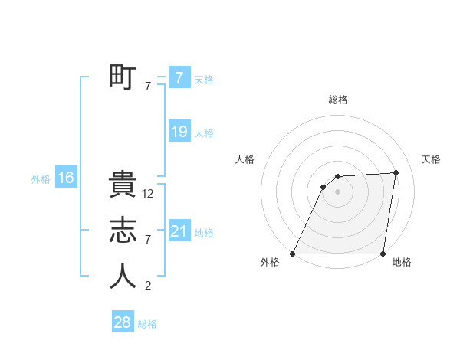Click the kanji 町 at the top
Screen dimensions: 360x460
click(x=123, y=77)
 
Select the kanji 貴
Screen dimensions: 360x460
click(x=123, y=186)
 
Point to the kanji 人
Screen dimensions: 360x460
click(x=123, y=276)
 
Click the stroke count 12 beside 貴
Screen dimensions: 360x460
click(x=148, y=195)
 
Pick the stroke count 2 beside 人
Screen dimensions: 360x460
click(x=148, y=286)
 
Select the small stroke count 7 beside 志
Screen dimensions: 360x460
click(x=148, y=241)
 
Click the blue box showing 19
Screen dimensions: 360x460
click(x=179, y=132)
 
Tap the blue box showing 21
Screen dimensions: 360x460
click(x=179, y=231)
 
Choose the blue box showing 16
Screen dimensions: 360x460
click(x=65, y=178)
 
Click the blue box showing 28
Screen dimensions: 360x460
click(x=123, y=322)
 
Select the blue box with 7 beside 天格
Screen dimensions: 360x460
click(x=179, y=77)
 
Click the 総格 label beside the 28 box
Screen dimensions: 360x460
click(x=147, y=324)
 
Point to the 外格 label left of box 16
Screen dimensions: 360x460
click(x=41, y=179)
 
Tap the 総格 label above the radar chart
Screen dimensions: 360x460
click(x=338, y=100)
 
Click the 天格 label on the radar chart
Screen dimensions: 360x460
click(x=432, y=159)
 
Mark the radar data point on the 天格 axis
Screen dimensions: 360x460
click(x=396, y=172)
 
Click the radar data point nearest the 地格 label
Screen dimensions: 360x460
click(x=383, y=254)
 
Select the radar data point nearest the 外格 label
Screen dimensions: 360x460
click(x=293, y=254)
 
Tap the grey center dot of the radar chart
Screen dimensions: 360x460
click(x=337, y=191)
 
